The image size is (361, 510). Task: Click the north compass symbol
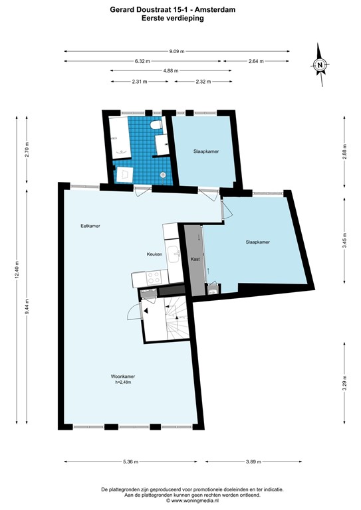click(x=320, y=65)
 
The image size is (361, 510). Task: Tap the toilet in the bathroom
click(x=156, y=125)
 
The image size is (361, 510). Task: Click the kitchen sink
click(x=173, y=253)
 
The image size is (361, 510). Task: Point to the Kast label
click(x=195, y=258)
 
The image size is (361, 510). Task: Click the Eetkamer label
click(x=90, y=226)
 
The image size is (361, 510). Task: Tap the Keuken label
click(x=156, y=254)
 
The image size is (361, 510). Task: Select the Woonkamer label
click(x=123, y=377)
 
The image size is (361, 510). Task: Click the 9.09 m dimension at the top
click(x=177, y=51)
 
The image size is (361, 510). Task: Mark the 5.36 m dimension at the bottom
click(x=130, y=462)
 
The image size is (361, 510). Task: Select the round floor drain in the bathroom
click(x=164, y=175)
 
